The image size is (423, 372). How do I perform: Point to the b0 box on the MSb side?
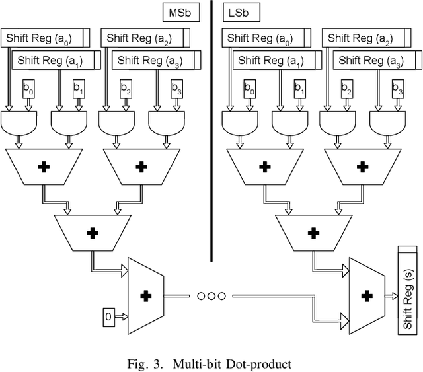(29, 87)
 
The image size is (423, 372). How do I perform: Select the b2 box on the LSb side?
(348, 87)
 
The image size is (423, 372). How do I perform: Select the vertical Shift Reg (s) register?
(406, 291)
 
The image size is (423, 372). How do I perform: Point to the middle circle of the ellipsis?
(210, 295)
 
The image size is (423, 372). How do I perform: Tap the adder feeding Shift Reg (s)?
(366, 295)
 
